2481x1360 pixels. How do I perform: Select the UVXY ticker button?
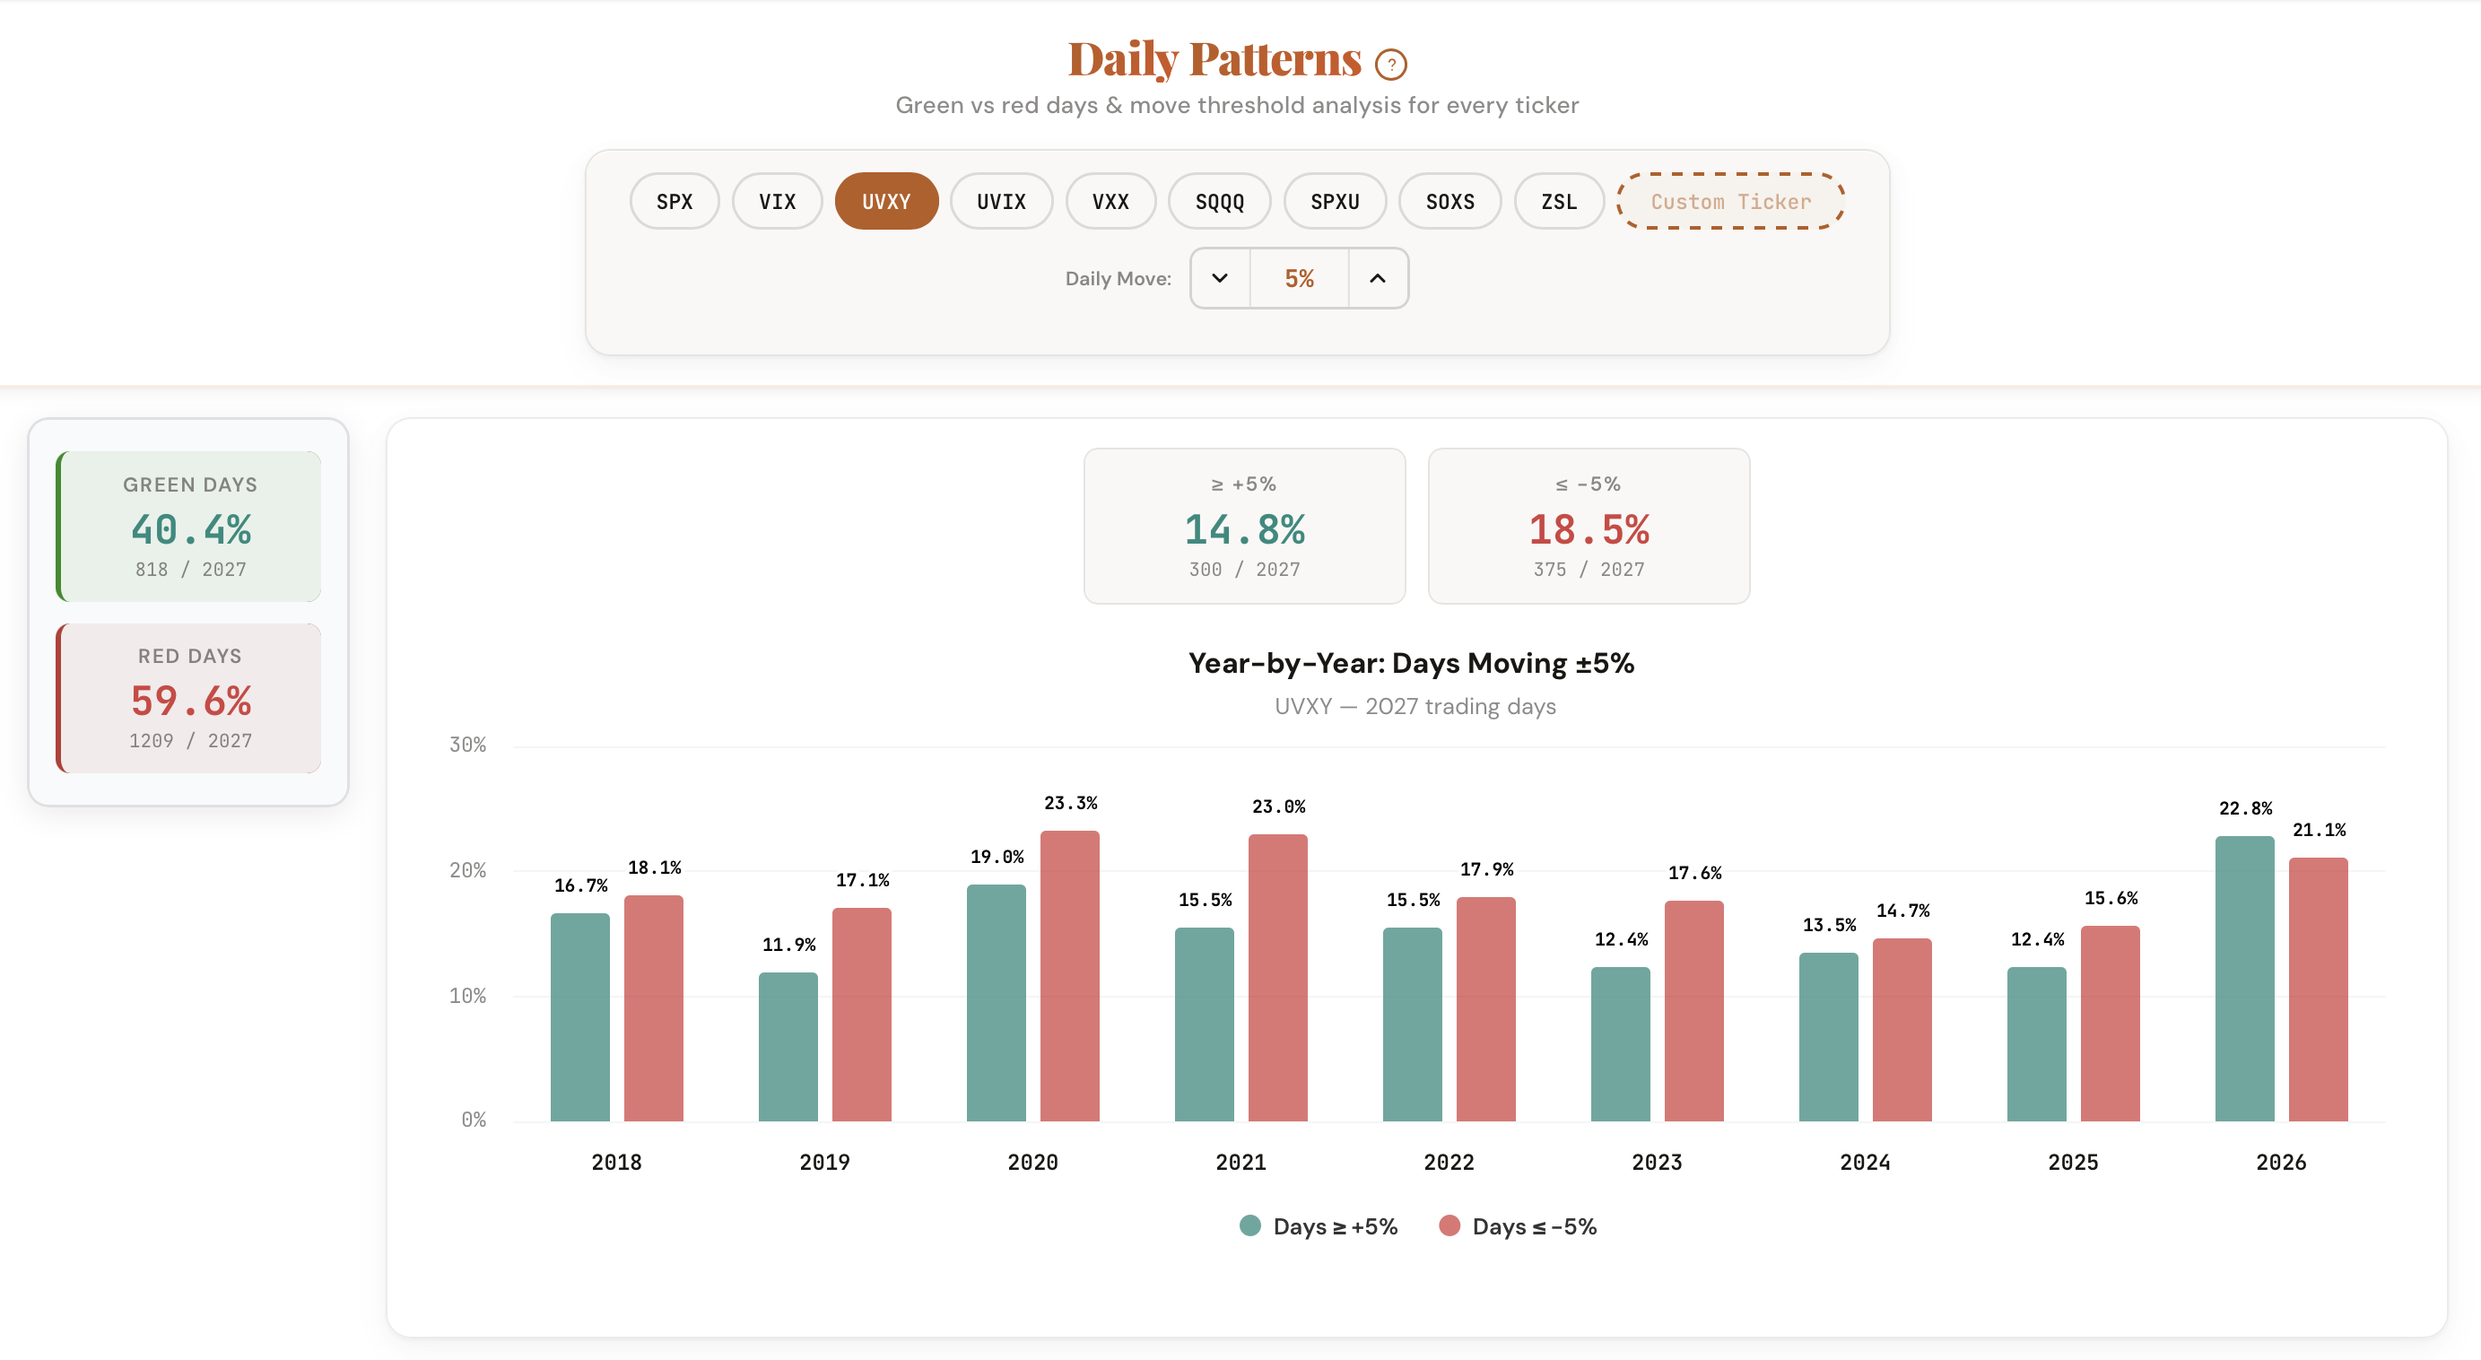coord(885,201)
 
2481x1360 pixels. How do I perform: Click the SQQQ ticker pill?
coord(1218,201)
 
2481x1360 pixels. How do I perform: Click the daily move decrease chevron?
coord(1219,278)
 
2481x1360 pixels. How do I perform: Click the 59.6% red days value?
coord(191,701)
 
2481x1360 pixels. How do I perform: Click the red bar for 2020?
coord(1069,975)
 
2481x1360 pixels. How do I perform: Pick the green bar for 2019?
coord(788,1046)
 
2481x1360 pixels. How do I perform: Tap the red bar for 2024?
coord(1902,1029)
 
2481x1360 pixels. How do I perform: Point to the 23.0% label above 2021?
coord(1278,806)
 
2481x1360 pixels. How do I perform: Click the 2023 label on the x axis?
coord(1656,1162)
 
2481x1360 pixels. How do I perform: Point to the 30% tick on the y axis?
coord(467,745)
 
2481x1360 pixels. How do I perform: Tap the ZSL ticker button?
coord(1557,201)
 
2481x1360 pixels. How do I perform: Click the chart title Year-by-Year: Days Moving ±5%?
coord(1410,663)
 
